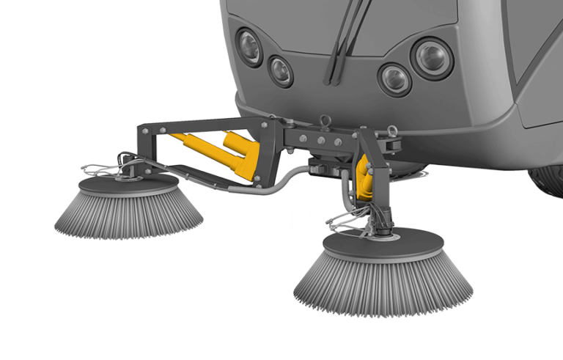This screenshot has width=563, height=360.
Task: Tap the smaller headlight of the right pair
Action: pos(394,78)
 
